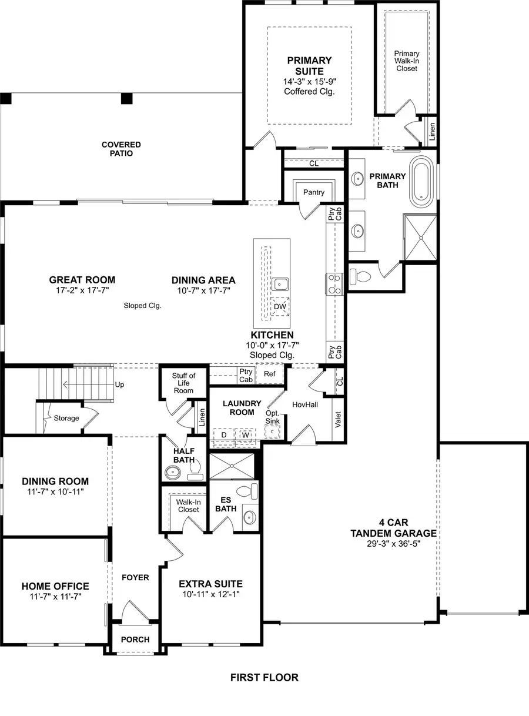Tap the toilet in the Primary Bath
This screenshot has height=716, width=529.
(359, 276)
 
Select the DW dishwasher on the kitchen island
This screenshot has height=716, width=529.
(280, 306)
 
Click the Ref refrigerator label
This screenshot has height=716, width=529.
(270, 374)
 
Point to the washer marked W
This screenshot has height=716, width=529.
(245, 435)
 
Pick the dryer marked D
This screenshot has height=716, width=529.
(224, 435)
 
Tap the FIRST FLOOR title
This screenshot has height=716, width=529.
(264, 677)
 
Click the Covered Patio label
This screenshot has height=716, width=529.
(121, 149)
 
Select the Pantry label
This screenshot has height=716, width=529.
(314, 192)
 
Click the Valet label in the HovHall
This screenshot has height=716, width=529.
(338, 419)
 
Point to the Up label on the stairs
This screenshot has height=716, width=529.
(120, 385)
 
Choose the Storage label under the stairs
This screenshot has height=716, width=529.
(66, 418)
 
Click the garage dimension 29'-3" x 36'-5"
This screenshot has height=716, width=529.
(393, 544)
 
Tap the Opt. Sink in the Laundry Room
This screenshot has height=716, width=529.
(273, 417)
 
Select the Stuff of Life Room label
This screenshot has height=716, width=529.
(183, 383)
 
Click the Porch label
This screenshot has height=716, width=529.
(135, 639)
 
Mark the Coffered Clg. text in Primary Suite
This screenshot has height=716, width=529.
(309, 91)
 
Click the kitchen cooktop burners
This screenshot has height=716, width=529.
(334, 283)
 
